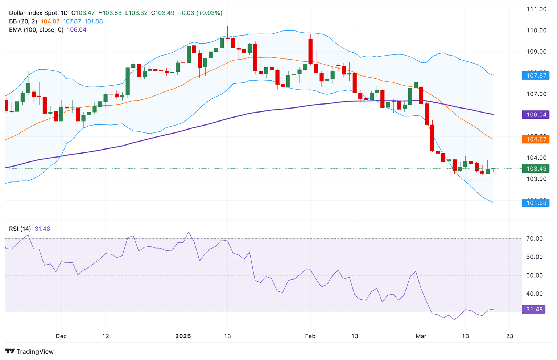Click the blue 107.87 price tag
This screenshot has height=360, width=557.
click(x=536, y=75)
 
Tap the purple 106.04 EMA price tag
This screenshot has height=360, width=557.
click(x=536, y=115)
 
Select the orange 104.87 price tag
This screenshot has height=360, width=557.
click(x=536, y=139)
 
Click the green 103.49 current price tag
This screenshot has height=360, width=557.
click(x=536, y=168)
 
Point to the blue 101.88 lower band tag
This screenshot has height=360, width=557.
click(x=536, y=203)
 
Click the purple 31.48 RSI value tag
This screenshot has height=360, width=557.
click(x=534, y=309)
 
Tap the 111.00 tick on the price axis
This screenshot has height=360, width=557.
click(x=536, y=9)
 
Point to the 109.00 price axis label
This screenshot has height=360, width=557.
click(x=536, y=52)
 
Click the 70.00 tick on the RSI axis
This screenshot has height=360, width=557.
click(x=535, y=238)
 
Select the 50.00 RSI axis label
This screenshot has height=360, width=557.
click(x=535, y=275)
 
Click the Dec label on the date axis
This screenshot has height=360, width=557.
click(x=61, y=336)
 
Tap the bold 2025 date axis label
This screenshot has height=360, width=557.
click(x=183, y=336)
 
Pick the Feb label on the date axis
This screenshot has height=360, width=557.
click(x=310, y=336)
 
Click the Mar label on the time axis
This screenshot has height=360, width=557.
click(x=421, y=336)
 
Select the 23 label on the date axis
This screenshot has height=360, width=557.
click(x=509, y=336)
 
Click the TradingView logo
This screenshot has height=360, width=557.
click(x=29, y=351)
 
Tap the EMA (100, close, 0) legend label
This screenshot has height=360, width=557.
click(x=36, y=30)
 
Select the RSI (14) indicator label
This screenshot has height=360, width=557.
click(x=20, y=229)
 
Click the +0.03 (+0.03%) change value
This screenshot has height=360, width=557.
click(x=200, y=13)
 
